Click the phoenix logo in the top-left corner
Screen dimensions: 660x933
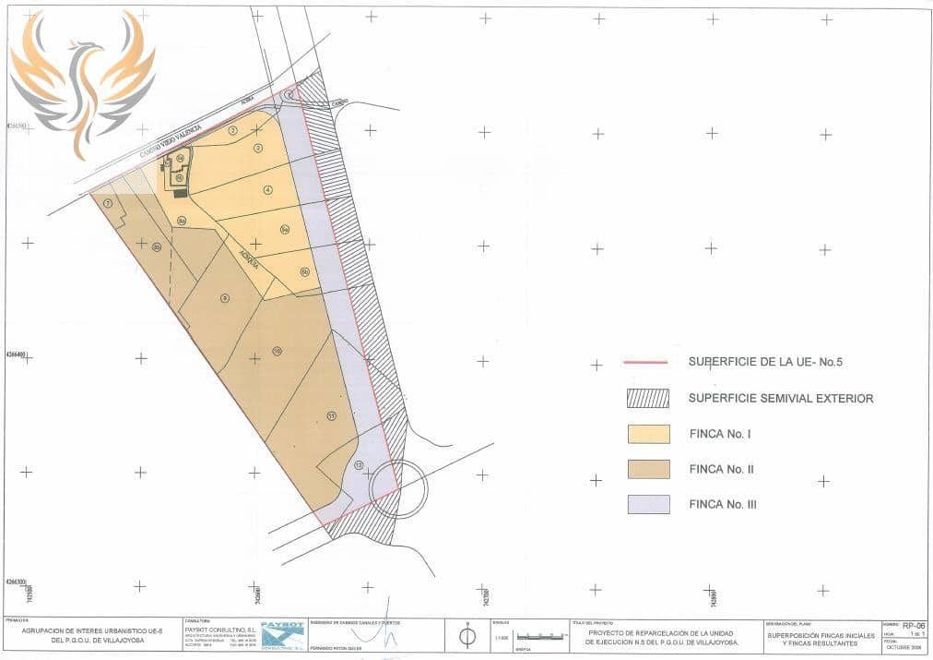pyautogui.click(x=82, y=80)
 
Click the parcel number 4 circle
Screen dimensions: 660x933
pyautogui.click(x=267, y=190)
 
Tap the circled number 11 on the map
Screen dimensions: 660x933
pyautogui.click(x=331, y=416)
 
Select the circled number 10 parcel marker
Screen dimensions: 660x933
pyautogui.click(x=277, y=351)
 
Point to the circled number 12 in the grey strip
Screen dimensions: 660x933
pyautogui.click(x=358, y=464)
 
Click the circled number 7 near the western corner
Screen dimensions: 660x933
pyautogui.click(x=109, y=203)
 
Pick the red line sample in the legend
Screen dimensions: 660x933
pyautogui.click(x=645, y=362)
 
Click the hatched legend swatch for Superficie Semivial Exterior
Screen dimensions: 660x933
pyautogui.click(x=648, y=398)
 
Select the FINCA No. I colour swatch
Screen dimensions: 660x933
pyautogui.click(x=648, y=434)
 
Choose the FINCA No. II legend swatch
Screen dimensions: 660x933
pyautogui.click(x=648, y=469)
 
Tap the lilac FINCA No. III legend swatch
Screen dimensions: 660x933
pyautogui.click(x=648, y=504)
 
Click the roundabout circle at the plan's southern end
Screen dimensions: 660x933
pyautogui.click(x=399, y=488)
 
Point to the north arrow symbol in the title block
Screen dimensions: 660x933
pyautogui.click(x=467, y=635)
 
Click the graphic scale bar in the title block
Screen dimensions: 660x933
pyautogui.click(x=540, y=636)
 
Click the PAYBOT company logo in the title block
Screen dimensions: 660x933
pyautogui.click(x=282, y=635)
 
